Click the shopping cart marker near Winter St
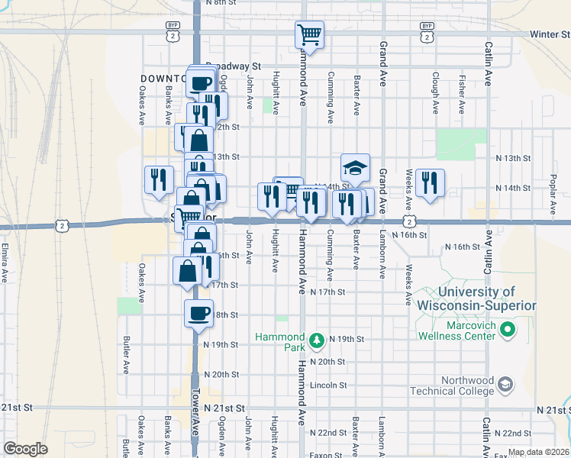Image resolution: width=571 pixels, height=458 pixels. (x=309, y=34)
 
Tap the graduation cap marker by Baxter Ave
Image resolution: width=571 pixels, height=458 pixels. (x=355, y=166)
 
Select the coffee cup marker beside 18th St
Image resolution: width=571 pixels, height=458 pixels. (x=199, y=313)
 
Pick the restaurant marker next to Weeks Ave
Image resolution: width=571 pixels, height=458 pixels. (x=430, y=182)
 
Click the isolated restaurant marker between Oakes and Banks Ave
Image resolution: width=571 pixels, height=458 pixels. (x=158, y=179)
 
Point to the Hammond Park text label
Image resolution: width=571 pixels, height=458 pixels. (x=279, y=341)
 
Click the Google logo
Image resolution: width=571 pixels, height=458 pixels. (x=25, y=449)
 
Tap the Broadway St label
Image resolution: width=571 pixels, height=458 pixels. (x=234, y=66)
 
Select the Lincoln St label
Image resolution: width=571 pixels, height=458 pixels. (x=329, y=385)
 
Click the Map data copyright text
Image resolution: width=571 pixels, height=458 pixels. (x=538, y=453)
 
